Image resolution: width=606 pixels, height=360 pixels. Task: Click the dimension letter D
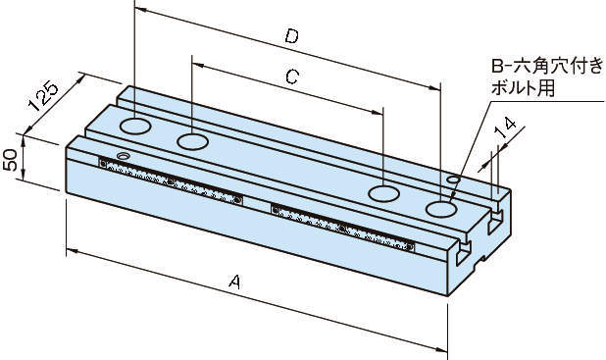[292, 36]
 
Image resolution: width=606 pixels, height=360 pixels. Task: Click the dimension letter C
[292, 77]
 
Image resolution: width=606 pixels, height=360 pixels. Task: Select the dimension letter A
[235, 282]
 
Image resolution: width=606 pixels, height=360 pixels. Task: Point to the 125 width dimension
[43, 95]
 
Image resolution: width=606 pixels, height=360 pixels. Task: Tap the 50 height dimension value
[10, 159]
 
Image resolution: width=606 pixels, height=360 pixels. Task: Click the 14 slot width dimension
[507, 128]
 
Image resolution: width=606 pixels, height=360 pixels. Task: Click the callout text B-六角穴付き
[547, 66]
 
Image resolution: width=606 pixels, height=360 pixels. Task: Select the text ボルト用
[523, 88]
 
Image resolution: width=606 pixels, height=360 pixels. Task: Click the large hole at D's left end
[135, 127]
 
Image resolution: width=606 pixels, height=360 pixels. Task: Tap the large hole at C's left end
[192, 141]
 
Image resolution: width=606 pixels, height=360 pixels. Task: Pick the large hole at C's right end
[383, 193]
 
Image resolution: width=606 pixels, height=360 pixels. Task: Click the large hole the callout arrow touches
[441, 209]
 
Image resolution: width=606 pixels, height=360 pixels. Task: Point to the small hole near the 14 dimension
[453, 180]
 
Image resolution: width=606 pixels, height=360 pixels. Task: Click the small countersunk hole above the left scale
[124, 156]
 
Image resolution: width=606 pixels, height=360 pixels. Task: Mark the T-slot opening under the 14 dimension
[494, 221]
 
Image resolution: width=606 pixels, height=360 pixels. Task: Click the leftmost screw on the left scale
[103, 164]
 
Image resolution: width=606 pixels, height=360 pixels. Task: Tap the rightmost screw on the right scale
[409, 247]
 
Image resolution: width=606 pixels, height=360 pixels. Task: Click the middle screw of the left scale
[170, 181]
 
